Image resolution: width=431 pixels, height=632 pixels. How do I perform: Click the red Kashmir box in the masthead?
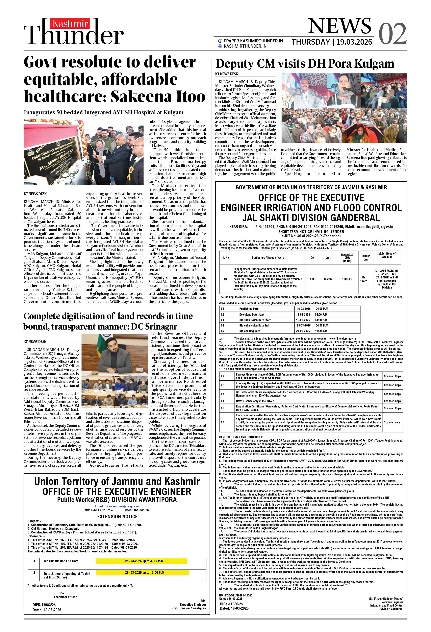point(70,24)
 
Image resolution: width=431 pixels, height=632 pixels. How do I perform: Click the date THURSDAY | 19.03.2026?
point(332,42)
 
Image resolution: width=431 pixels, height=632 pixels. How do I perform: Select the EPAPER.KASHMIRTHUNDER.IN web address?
point(253,41)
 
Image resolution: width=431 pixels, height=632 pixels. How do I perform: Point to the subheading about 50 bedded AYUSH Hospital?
point(103,112)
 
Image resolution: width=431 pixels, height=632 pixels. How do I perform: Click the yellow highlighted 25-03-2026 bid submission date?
point(144,561)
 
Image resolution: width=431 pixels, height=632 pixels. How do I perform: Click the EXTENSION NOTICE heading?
point(117,517)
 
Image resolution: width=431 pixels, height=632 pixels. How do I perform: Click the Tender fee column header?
point(365,257)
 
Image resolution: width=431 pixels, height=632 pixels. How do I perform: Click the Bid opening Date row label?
point(249,331)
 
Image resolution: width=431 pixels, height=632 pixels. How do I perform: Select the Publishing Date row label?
point(249,309)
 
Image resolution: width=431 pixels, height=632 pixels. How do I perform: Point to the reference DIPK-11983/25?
point(44,605)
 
